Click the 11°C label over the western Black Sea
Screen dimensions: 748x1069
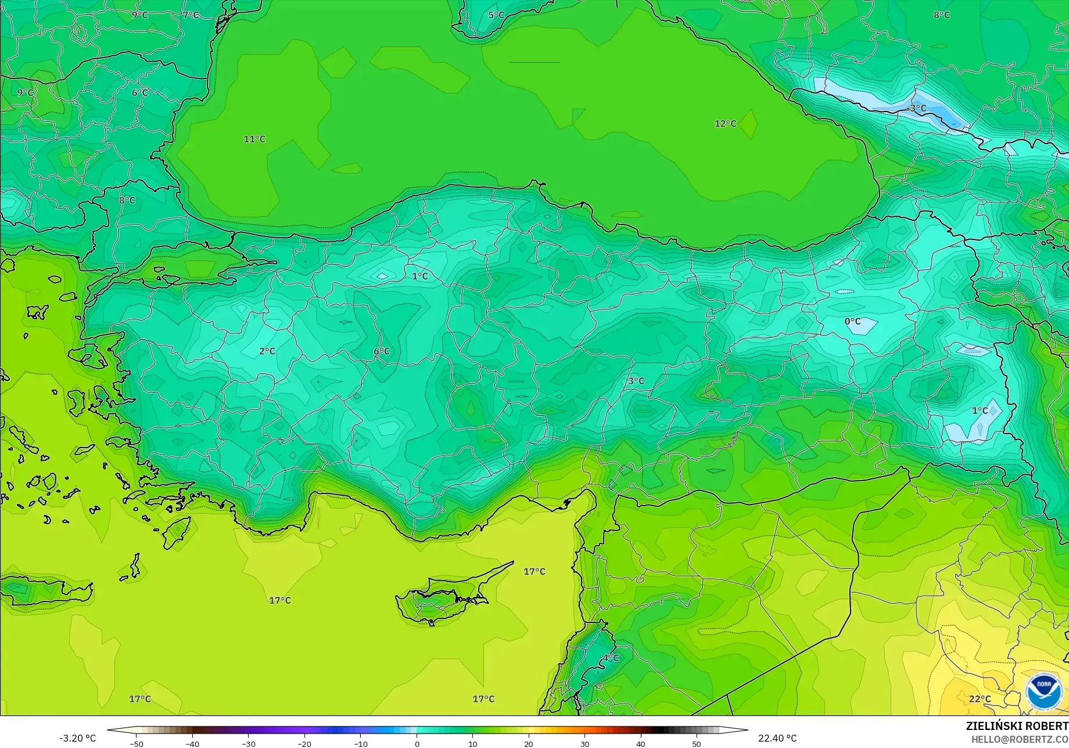(x=254, y=139)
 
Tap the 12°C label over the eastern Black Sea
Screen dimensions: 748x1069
(x=725, y=123)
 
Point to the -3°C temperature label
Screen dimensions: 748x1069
(x=917, y=108)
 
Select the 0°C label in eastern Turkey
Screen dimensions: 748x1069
(x=852, y=321)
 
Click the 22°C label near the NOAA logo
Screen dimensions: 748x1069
(x=980, y=699)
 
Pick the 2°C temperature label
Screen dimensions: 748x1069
(x=267, y=351)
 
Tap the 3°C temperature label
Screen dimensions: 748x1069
(x=636, y=381)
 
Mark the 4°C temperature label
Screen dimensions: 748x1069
(x=611, y=657)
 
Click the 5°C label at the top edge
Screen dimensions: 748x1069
(x=496, y=15)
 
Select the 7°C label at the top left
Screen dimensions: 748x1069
(x=191, y=15)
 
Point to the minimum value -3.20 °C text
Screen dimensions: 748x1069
(x=77, y=738)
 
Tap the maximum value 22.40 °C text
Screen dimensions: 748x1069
(x=777, y=738)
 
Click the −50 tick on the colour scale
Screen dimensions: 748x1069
(x=137, y=743)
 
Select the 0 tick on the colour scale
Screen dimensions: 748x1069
(x=417, y=743)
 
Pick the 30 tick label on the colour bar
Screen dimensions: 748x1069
(x=584, y=743)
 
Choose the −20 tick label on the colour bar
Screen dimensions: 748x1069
(x=304, y=743)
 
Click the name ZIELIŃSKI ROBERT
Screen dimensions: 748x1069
(x=1017, y=726)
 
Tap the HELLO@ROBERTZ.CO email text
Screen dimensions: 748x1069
(x=1020, y=739)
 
